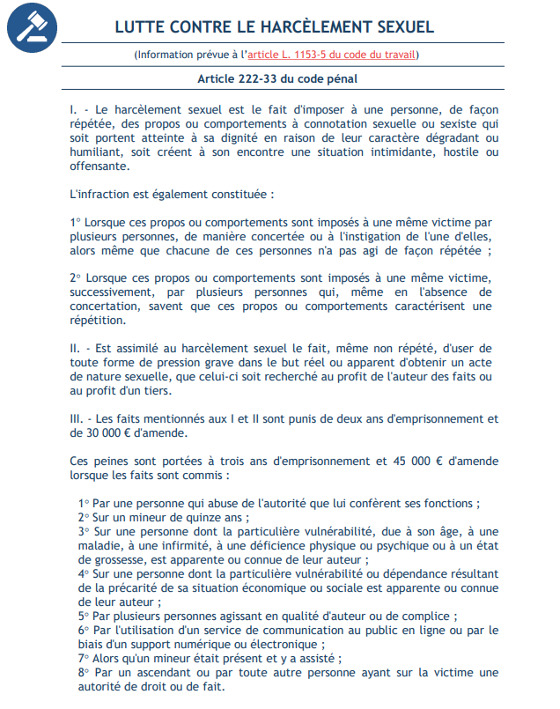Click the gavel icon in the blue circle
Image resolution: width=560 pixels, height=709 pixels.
click(x=33, y=28)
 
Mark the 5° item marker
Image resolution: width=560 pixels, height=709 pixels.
click(x=84, y=616)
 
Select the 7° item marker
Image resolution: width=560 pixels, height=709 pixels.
click(x=84, y=658)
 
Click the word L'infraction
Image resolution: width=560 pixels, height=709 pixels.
click(x=101, y=193)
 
